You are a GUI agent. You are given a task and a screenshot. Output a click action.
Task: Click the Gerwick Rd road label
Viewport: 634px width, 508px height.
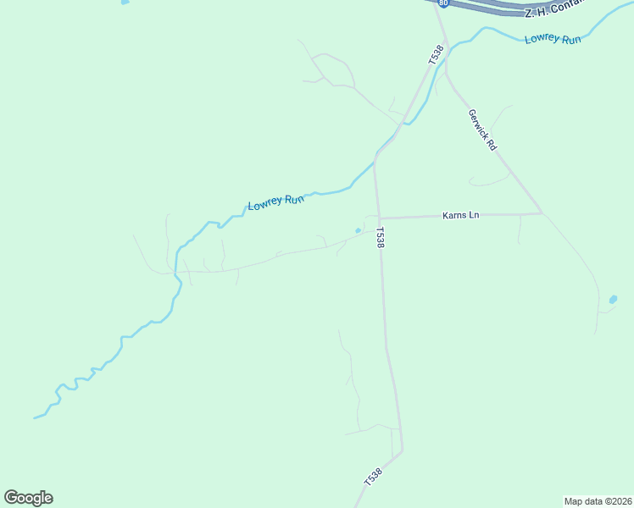click(x=481, y=130)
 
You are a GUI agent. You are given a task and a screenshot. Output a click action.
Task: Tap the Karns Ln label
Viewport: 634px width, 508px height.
click(x=461, y=215)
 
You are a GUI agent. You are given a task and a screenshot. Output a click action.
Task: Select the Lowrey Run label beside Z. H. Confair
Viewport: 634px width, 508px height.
click(x=553, y=39)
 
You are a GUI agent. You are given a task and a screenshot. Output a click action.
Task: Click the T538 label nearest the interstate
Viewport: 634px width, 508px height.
click(x=436, y=55)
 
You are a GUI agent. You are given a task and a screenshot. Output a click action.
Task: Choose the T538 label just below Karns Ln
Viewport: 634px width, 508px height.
click(x=381, y=237)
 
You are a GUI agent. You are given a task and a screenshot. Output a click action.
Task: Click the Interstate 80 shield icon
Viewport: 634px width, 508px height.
click(x=443, y=3)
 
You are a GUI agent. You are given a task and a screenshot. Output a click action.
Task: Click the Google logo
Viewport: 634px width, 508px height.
click(x=29, y=498)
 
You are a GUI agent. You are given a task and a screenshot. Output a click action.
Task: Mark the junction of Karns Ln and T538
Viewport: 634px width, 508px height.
click(x=378, y=218)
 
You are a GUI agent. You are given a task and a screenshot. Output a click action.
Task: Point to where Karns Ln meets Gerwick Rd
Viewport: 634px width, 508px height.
click(x=542, y=213)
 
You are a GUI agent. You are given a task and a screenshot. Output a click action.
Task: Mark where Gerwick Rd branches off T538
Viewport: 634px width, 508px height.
click(x=446, y=72)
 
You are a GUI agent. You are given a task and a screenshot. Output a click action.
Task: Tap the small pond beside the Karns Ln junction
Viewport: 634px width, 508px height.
click(x=358, y=230)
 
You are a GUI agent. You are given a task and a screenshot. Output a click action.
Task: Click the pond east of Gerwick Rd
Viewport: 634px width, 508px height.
click(x=613, y=299)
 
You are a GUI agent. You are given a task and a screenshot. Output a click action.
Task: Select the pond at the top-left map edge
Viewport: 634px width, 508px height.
click(x=125, y=3)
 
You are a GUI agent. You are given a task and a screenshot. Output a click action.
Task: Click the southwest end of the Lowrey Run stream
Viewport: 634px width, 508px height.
click(x=36, y=417)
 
